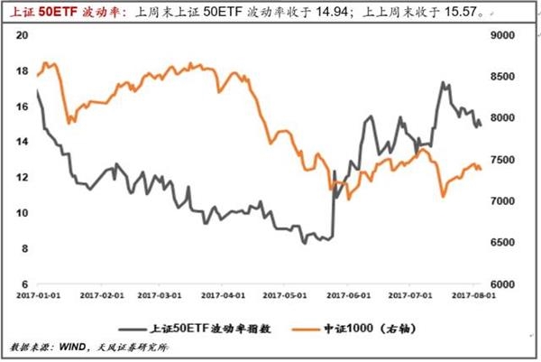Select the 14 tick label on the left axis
[24, 142]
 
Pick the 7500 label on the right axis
[501, 160]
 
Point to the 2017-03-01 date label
[163, 295]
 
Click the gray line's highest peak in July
[443, 83]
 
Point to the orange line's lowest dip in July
[443, 196]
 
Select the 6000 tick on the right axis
[501, 284]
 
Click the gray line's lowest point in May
[305, 243]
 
